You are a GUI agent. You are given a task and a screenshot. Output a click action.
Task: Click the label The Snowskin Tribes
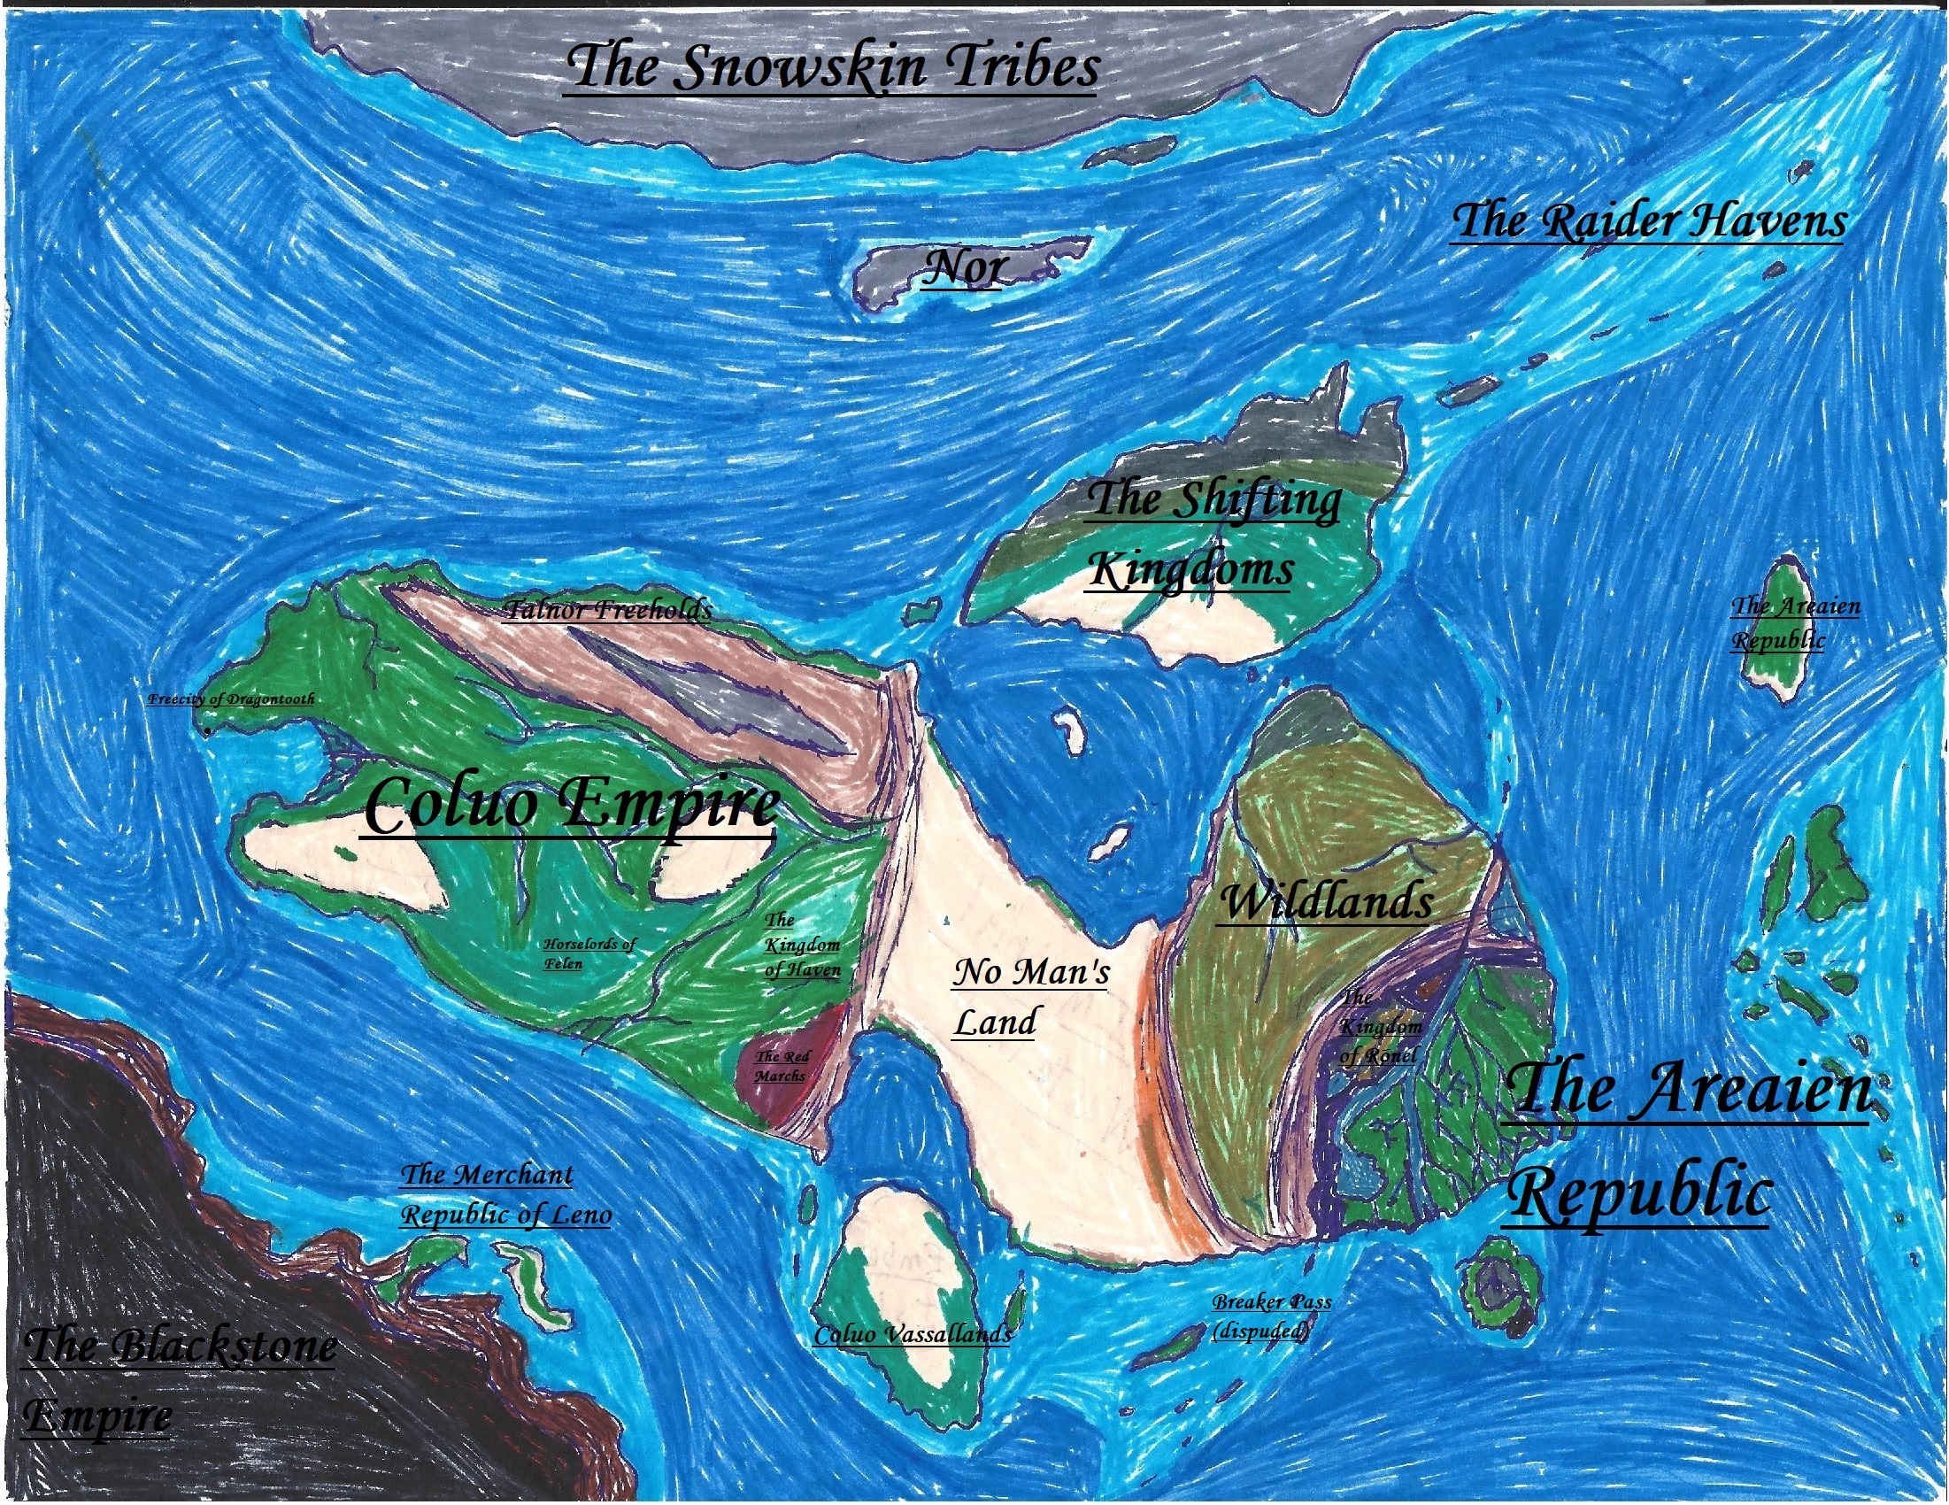832,68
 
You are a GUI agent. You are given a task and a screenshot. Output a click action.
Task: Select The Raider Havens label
1647,220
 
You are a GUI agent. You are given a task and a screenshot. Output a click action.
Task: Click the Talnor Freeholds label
607,610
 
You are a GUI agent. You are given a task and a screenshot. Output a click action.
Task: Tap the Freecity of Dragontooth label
231,699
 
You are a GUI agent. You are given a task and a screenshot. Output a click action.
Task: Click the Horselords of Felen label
588,953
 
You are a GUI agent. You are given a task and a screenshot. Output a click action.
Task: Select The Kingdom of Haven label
801,945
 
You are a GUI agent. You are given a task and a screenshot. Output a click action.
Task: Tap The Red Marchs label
782,1066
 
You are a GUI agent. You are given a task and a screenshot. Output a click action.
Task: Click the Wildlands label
1325,901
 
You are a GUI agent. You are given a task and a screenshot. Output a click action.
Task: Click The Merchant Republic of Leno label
505,1194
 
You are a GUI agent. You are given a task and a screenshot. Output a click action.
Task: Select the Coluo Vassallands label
912,1334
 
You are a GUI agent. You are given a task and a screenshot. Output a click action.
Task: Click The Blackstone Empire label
179,1379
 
